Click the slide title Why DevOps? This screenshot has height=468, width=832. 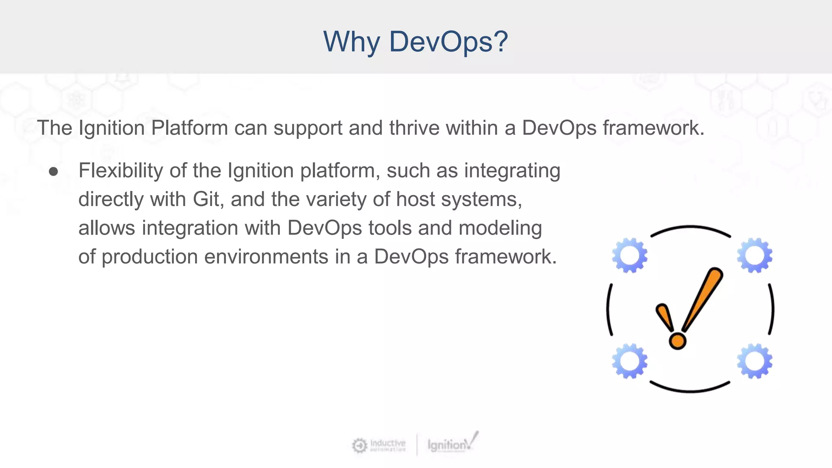[415, 41]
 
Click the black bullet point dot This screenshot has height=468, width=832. [53, 171]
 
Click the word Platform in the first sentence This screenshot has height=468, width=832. [189, 128]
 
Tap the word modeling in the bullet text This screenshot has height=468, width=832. [500, 228]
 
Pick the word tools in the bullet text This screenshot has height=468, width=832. [390, 228]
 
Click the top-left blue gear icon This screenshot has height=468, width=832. [629, 256]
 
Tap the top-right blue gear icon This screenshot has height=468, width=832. [754, 256]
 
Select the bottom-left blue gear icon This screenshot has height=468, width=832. [629, 361]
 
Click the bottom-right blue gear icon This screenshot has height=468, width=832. [754, 361]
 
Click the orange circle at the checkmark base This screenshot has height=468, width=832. [677, 340]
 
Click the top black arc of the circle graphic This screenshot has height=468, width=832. [691, 228]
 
